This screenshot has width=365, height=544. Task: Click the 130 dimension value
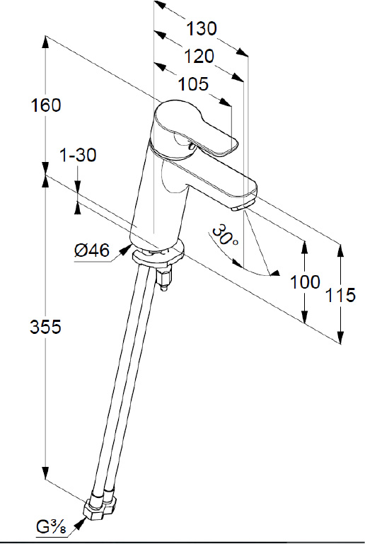(202, 28)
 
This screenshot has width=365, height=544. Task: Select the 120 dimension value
(199, 56)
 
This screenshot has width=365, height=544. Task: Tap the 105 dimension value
(193, 84)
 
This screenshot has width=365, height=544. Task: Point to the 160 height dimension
(46, 105)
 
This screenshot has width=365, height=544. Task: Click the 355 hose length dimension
(45, 327)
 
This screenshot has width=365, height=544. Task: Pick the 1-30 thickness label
(78, 155)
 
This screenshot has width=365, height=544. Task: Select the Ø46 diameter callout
(91, 250)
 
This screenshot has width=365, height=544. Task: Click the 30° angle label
(225, 236)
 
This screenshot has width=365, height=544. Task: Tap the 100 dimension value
(305, 282)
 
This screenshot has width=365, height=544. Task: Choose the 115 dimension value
(340, 295)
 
